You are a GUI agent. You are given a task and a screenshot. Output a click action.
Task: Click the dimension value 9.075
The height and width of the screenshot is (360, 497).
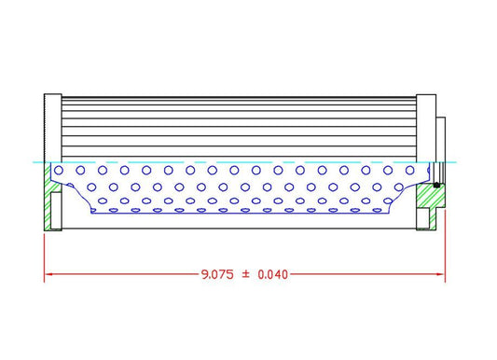coord(217,274)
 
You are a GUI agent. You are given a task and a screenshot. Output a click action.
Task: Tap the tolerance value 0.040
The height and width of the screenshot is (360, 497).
coord(272,274)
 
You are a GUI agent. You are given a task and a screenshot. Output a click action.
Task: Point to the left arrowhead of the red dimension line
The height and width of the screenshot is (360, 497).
coord(48,274)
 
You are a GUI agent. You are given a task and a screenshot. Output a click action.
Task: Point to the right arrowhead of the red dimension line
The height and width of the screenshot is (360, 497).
coord(442,274)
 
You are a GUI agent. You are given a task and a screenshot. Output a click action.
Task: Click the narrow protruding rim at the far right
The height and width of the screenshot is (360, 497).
coord(442,139)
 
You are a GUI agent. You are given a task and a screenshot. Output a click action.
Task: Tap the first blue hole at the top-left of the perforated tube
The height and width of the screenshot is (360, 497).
coord(61,170)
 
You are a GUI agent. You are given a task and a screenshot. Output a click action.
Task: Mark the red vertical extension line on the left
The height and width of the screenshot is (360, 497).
coord(45,252)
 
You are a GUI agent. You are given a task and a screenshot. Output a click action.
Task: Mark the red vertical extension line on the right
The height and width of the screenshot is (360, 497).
coord(446,252)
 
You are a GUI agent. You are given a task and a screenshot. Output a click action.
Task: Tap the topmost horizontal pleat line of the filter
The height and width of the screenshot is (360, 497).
coord(239,100)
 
